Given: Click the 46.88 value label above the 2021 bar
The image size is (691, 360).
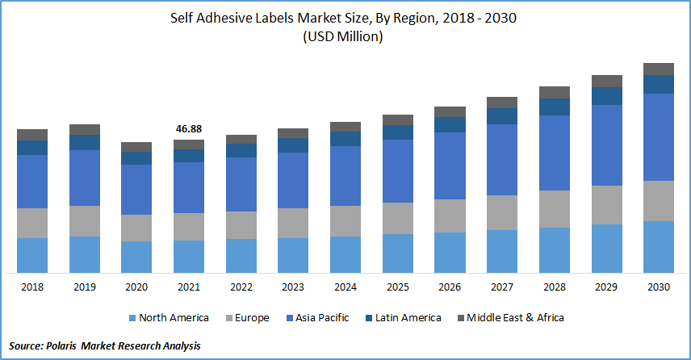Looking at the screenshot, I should tap(189, 129).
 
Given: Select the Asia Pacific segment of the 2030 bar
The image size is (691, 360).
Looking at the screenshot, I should tap(659, 136).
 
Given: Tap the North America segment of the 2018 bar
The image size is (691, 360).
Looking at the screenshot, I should tap(32, 255).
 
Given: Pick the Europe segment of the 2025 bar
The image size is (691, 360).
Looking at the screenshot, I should tap(398, 218).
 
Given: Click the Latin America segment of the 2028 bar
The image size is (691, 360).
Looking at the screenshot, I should tap(555, 107).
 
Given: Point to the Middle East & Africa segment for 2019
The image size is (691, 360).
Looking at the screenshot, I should tap(85, 129).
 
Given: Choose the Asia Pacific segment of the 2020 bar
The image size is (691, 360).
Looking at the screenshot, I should tap(136, 190).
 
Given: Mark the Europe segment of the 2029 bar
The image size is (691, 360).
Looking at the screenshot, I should tap(607, 205).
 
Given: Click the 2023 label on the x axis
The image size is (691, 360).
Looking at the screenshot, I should tap(293, 287).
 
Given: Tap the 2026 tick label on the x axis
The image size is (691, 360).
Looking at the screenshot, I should tap(450, 287).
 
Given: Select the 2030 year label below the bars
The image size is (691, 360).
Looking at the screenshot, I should tap(659, 287).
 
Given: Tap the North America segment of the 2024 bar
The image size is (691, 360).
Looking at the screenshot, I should tap(345, 254).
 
